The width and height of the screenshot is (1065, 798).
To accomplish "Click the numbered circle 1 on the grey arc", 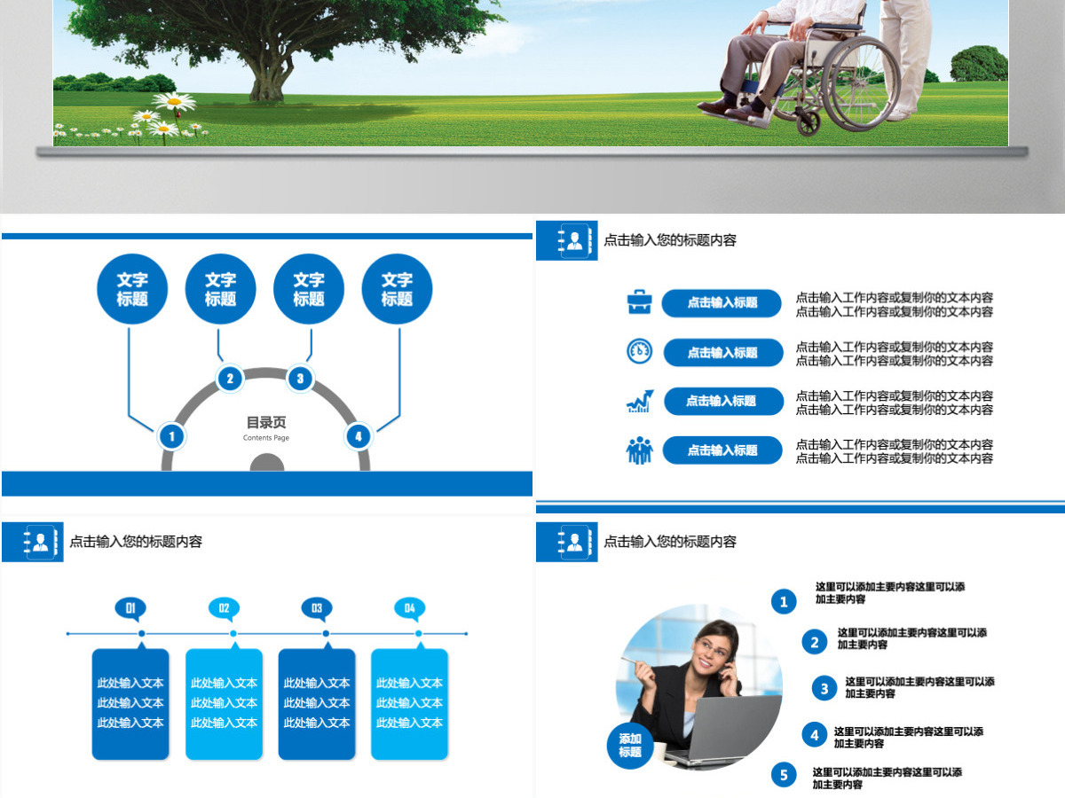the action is click(171, 436).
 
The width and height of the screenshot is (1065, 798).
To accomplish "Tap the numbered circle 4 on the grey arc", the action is click(358, 436).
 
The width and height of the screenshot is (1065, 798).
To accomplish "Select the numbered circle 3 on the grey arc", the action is click(300, 379).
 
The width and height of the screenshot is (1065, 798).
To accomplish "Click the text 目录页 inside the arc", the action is click(266, 423).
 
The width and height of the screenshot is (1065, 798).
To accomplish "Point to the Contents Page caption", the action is click(266, 438).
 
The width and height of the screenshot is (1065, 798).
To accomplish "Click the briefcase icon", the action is click(640, 301).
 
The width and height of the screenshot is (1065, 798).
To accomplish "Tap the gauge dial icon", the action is click(640, 351).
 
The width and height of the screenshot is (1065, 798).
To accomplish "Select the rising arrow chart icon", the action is click(640, 401).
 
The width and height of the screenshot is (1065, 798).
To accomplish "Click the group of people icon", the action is click(640, 450).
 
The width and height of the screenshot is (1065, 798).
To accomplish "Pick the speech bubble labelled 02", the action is click(224, 609).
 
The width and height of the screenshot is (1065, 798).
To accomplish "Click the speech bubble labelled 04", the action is click(409, 609).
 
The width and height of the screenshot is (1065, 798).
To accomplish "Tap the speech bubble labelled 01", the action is click(130, 609).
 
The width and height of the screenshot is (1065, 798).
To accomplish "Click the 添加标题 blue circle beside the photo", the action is click(630, 745).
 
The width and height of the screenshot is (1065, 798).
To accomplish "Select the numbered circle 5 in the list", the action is click(784, 775).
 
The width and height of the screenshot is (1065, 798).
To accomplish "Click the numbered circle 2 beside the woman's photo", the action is click(814, 642).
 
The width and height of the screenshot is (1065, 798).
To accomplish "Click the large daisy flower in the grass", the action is click(174, 101).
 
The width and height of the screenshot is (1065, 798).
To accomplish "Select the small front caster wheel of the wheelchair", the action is click(808, 122).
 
